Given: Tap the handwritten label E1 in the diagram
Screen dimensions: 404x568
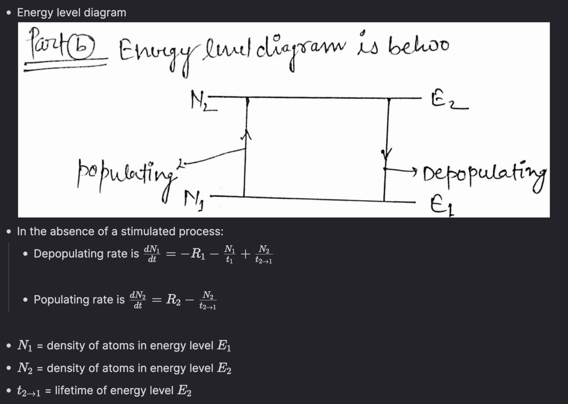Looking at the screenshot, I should click(x=442, y=208).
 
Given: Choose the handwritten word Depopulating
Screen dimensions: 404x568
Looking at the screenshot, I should click(x=484, y=175).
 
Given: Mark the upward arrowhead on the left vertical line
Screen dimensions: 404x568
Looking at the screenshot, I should click(x=246, y=135).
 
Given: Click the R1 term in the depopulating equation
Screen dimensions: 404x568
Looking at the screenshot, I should click(x=198, y=254).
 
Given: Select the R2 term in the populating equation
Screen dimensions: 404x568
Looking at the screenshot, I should click(x=173, y=300).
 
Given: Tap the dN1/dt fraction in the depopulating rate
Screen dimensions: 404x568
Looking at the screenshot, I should click(x=152, y=254).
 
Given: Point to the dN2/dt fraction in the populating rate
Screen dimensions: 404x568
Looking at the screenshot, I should click(x=138, y=300).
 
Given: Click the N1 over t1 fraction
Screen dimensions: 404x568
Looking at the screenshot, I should click(x=229, y=254).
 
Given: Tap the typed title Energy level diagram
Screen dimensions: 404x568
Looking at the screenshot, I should click(x=72, y=12).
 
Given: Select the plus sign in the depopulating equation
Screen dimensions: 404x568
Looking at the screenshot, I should click(x=245, y=254).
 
